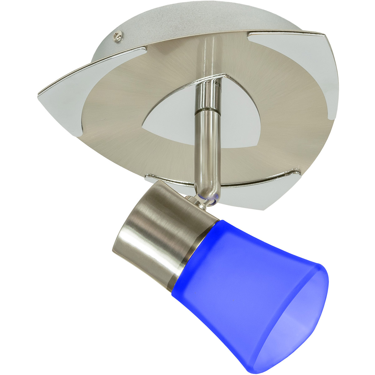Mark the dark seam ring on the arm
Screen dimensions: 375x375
point(205,112)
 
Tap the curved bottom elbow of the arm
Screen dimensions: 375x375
point(208,187)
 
